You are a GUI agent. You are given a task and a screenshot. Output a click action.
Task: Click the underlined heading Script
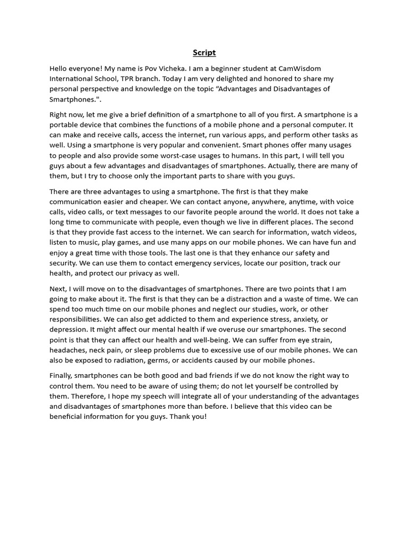click(204, 53)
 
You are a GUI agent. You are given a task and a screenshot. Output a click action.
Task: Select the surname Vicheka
click(175, 69)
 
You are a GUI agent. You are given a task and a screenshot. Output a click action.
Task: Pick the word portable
click(64, 125)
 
